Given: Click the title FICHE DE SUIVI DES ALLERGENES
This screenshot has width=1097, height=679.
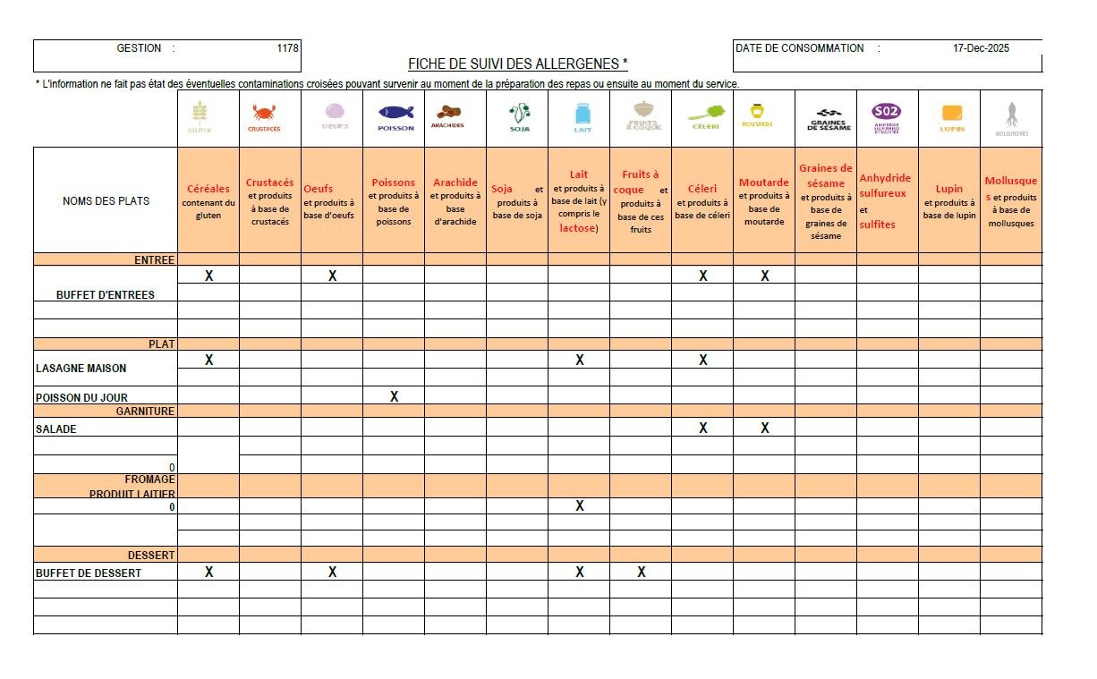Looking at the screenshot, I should pos(517,64).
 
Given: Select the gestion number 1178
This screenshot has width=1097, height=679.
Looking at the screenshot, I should pos(288,48).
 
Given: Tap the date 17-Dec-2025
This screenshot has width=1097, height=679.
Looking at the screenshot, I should pos(981,48).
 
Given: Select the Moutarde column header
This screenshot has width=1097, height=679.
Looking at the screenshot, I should pos(763,201).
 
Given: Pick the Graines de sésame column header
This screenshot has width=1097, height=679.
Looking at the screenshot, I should pos(825,201).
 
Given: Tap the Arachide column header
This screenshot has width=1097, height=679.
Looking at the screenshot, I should pos(455,201).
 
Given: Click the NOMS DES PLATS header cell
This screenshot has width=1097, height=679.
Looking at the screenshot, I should pos(106,201).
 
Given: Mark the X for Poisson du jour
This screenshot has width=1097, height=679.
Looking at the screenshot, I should pos(394,396).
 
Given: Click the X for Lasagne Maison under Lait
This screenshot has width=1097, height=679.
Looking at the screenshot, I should pos(580,360).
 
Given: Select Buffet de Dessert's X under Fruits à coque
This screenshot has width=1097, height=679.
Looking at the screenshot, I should pos(642,573).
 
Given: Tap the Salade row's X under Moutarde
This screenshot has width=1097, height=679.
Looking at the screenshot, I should pos(765,429).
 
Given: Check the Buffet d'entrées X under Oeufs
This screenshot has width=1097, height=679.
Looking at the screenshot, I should pos(332,276).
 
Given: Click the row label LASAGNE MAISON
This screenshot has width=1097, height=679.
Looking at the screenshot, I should pos(81,369).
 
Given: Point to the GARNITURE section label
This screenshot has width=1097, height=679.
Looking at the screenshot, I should pos(145,412).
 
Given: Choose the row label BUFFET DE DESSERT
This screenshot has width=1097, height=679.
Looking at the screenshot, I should pos(89,573).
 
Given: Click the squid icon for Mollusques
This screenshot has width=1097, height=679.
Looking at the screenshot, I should pos(1012,115).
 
